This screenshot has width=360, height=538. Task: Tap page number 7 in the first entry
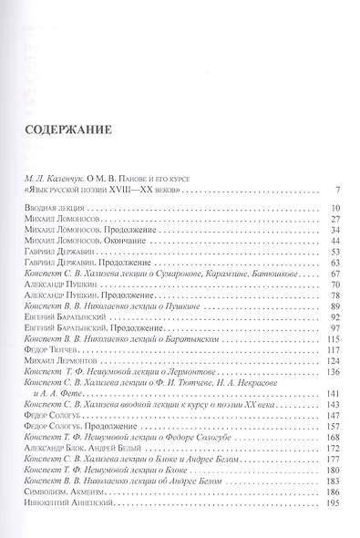point(338,190)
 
